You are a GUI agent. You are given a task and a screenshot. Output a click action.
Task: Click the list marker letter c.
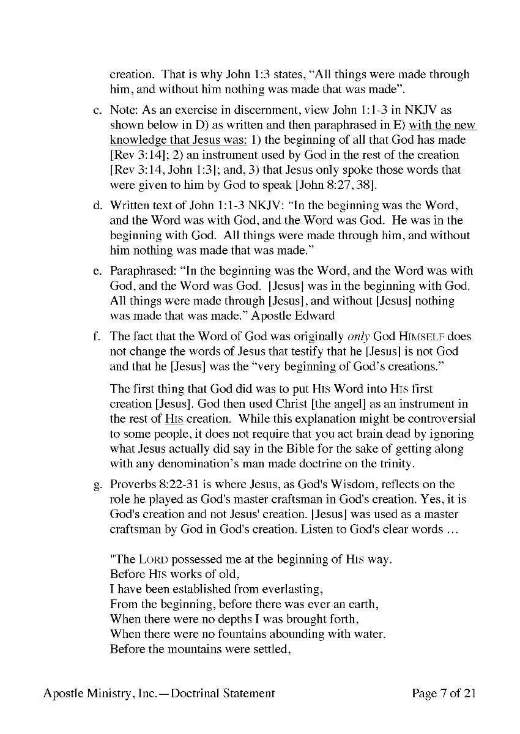coord(97,111)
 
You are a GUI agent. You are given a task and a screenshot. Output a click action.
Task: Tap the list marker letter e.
coord(97,271)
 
